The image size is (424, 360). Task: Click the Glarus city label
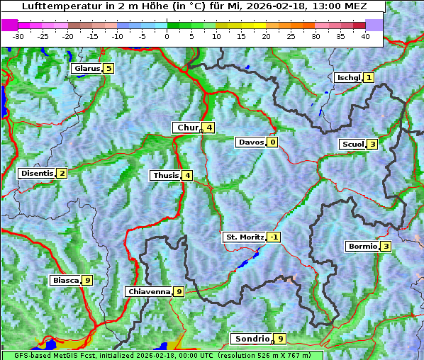[86, 69]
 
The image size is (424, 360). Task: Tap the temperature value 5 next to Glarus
[108, 69]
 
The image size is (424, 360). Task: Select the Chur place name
[187, 128]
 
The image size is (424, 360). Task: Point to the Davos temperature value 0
[272, 142]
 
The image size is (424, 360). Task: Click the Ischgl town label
[347, 77]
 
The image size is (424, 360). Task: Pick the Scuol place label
[352, 144]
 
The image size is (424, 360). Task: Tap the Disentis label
[36, 173]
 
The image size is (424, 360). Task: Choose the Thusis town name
[165, 175]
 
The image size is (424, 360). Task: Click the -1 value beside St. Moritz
[274, 237]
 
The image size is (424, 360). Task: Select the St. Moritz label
[243, 237]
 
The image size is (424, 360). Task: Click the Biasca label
[65, 281]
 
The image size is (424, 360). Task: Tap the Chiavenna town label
[148, 291]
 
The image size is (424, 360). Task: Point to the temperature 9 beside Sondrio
[281, 339]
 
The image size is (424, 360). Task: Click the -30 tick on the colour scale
[18, 35]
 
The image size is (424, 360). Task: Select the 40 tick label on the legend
[366, 35]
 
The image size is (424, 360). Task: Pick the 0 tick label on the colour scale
[167, 35]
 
